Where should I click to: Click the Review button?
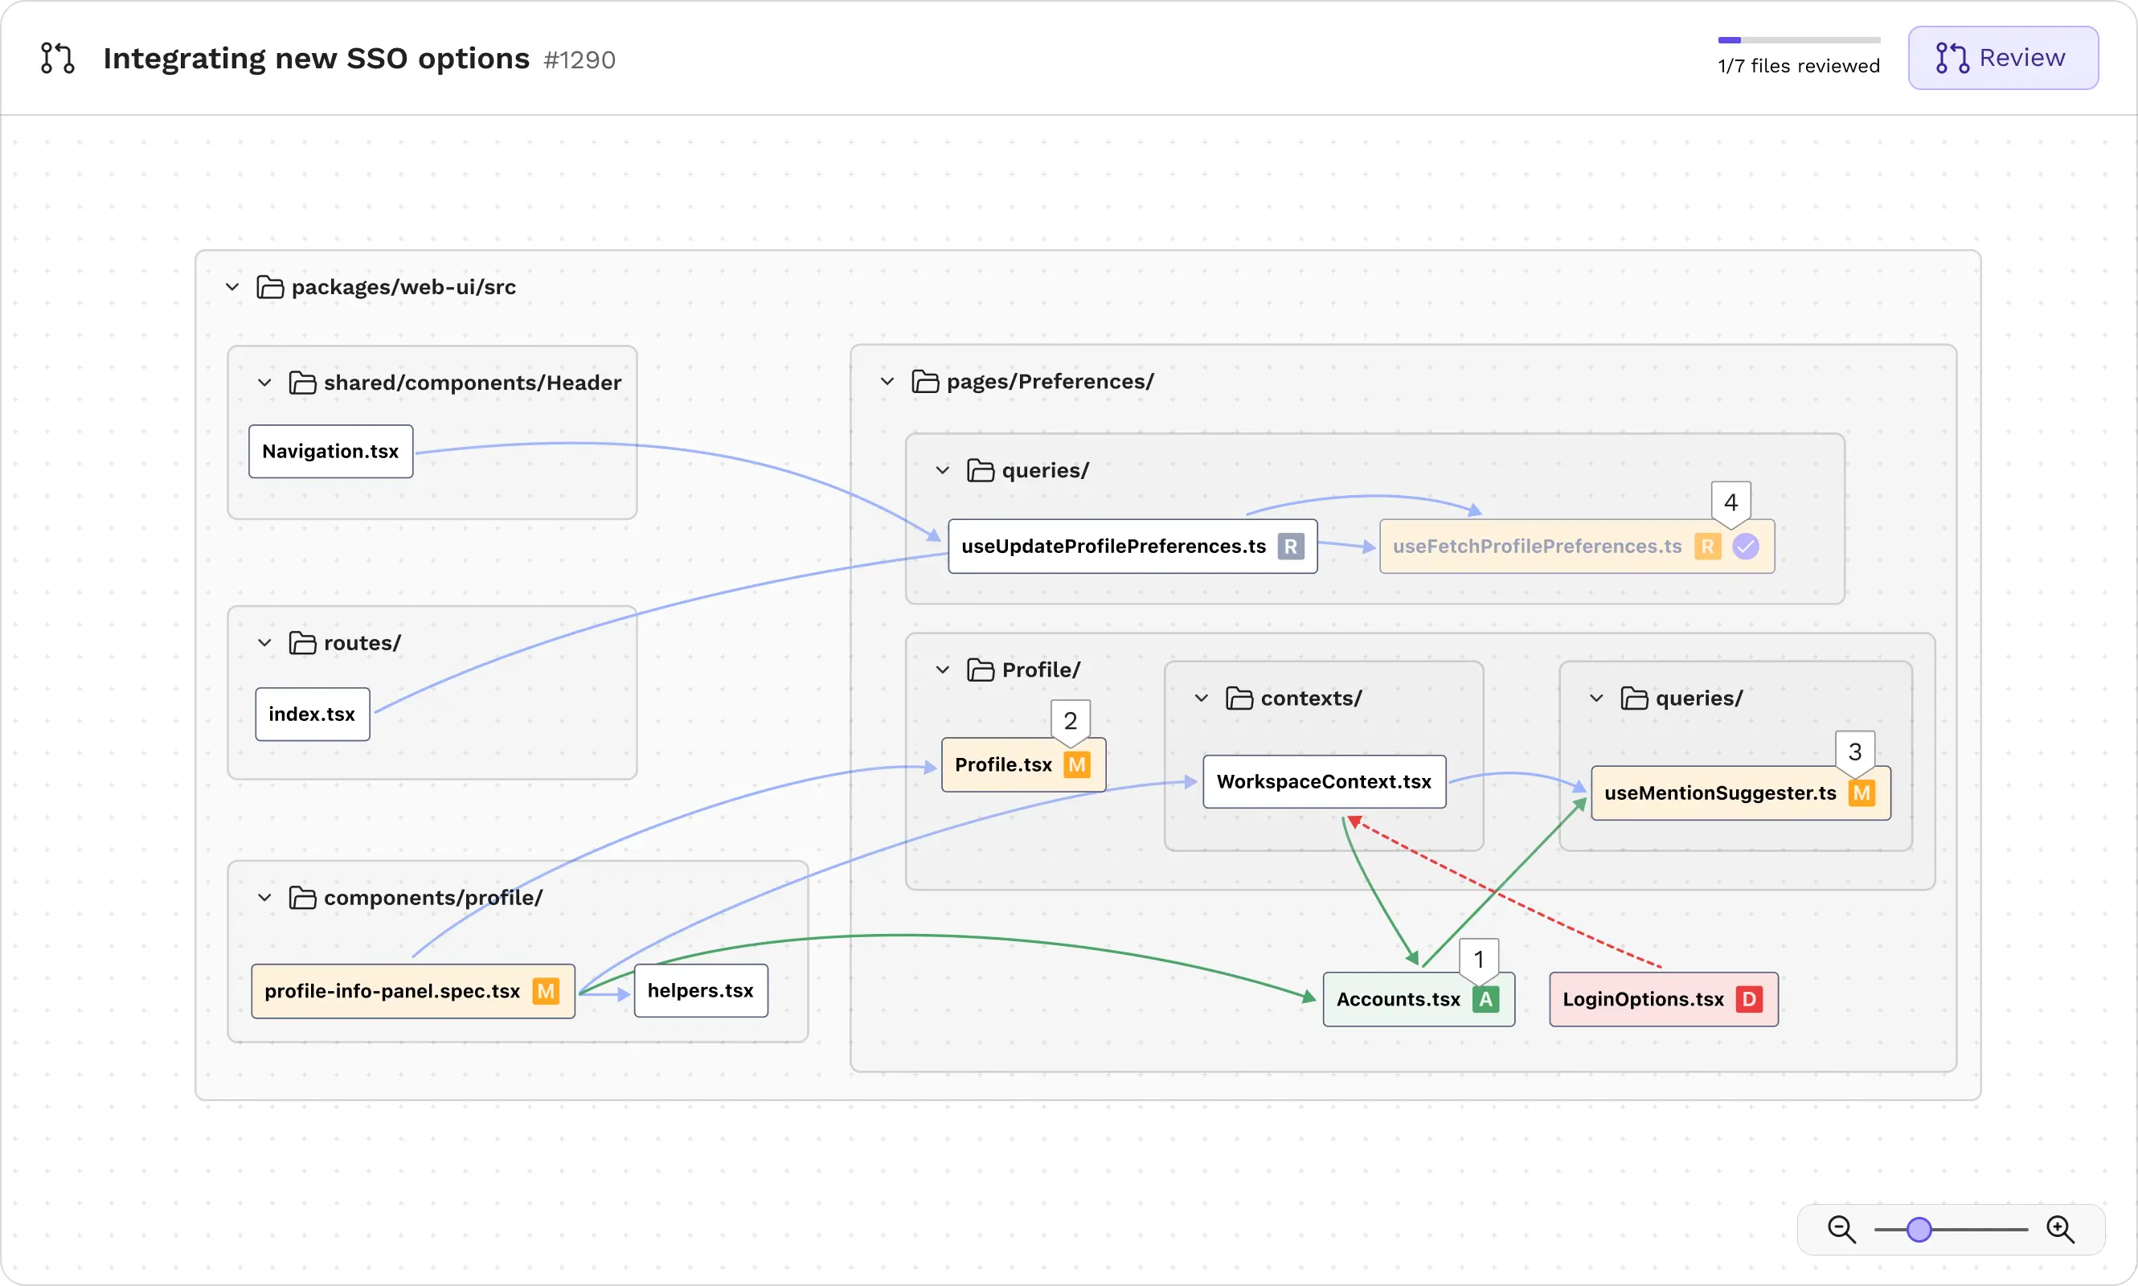tap(2002, 58)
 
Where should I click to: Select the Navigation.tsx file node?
tap(330, 452)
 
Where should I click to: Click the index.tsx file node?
tap(312, 714)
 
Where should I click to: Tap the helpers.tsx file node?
tap(700, 990)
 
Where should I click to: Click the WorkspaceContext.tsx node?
tap(1323, 782)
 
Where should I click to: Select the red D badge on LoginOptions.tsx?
tap(1749, 999)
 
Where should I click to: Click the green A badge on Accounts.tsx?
tap(1485, 999)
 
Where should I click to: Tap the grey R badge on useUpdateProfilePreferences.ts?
tap(1290, 547)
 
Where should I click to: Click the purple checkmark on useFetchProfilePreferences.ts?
tap(1746, 547)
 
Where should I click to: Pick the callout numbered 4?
tap(1730, 502)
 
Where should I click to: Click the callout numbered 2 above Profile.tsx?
tap(1071, 721)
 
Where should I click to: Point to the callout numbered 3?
tap(1854, 752)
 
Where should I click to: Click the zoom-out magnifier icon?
tap(1841, 1229)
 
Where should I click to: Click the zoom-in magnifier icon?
tap(2060, 1229)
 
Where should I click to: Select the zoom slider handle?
tap(1919, 1229)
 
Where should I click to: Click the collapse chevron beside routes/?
tap(265, 643)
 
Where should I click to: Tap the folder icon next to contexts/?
tap(1239, 698)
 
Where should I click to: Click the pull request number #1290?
tap(579, 59)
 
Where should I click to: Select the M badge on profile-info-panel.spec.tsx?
tap(546, 990)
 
